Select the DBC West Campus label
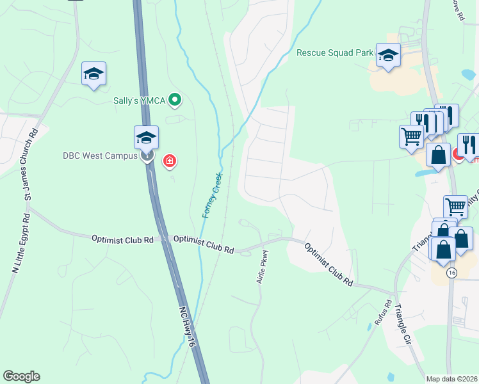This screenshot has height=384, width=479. coord(101,156)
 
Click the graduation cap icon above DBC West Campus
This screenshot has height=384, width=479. coord(146,137)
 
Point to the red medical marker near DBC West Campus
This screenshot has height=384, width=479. coord(170,161)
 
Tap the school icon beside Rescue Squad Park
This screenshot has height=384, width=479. coord(388,55)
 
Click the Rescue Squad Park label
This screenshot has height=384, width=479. coord(335,52)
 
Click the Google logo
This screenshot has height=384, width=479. coord(21,376)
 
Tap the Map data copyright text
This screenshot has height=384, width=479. coord(452,379)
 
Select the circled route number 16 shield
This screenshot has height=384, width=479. coord(452,273)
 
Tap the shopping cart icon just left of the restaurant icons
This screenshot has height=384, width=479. coord(411,135)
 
